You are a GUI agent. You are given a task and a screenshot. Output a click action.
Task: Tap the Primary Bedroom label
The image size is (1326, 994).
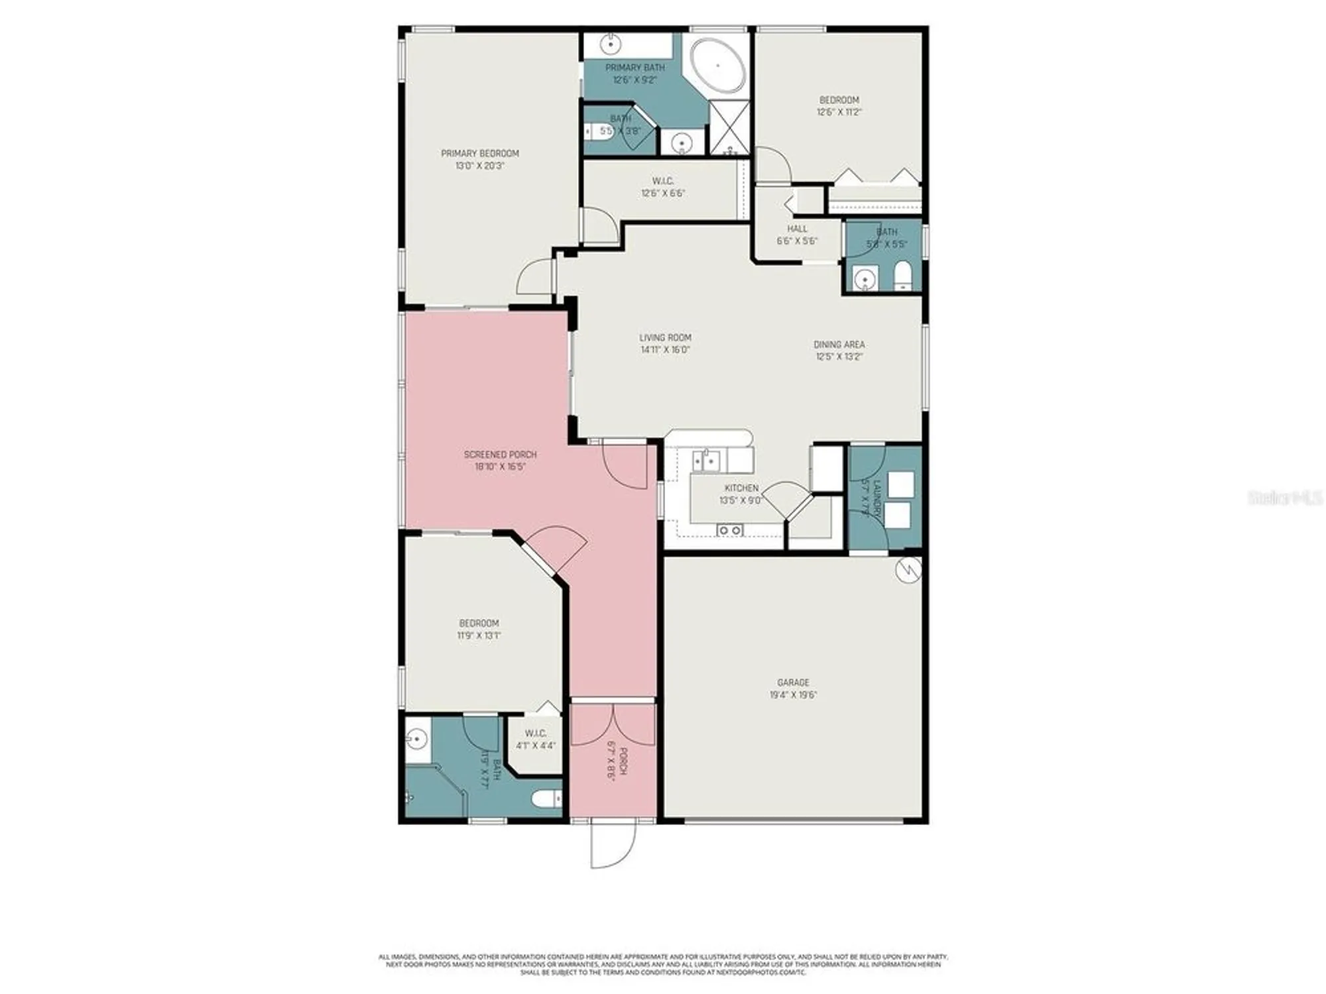point(480,154)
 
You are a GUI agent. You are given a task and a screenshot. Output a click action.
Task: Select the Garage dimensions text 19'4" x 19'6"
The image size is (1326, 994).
point(793,695)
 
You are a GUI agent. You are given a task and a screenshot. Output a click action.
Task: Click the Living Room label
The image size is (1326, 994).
point(665,338)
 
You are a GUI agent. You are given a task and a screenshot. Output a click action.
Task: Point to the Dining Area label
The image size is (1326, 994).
point(839,345)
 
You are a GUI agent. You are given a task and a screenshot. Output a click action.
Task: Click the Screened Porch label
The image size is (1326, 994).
point(500,455)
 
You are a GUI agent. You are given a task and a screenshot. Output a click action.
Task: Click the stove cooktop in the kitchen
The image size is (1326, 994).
point(729,530)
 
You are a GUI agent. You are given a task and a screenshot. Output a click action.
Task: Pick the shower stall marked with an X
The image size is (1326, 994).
point(729,127)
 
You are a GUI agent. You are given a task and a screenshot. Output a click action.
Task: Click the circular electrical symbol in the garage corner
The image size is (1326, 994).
point(908,569)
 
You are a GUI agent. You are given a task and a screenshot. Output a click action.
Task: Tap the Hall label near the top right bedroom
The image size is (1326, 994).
point(797,229)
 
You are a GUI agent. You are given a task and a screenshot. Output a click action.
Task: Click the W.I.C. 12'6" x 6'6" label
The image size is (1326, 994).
point(663,187)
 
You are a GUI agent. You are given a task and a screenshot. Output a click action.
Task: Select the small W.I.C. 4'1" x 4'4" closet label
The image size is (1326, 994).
point(536,739)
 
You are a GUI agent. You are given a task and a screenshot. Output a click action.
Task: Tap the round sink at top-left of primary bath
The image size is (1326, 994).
point(610,45)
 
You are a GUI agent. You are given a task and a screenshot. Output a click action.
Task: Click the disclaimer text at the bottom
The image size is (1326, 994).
point(663,964)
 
